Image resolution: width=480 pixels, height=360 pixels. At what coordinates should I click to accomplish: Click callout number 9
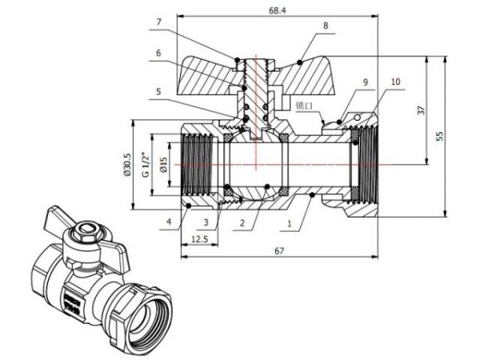click(364, 82)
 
